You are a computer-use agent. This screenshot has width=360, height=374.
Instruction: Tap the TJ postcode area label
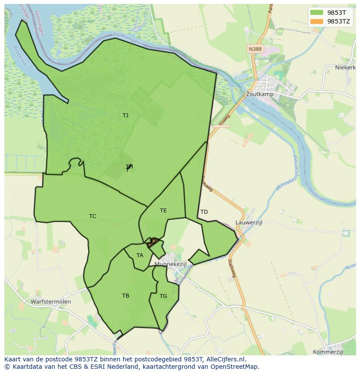[125, 116]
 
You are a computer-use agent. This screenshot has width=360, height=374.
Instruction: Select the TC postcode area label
[93, 216]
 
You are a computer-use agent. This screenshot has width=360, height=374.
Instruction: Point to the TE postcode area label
[163, 211]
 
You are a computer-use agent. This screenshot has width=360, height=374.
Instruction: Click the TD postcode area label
[204, 212]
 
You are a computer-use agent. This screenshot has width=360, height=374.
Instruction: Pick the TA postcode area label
[140, 255]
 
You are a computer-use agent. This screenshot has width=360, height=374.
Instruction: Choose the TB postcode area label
[126, 296]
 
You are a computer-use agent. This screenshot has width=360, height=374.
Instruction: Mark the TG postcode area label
[163, 296]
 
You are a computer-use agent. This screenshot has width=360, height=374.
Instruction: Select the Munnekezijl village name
[170, 264]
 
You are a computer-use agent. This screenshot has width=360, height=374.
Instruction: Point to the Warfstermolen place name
[51, 301]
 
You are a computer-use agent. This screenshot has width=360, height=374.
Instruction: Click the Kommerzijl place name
[329, 352]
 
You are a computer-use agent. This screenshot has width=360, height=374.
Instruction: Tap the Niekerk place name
[346, 67]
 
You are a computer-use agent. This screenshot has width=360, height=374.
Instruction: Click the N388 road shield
[255, 49]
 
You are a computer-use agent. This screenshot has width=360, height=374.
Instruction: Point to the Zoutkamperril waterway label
[128, 39]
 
